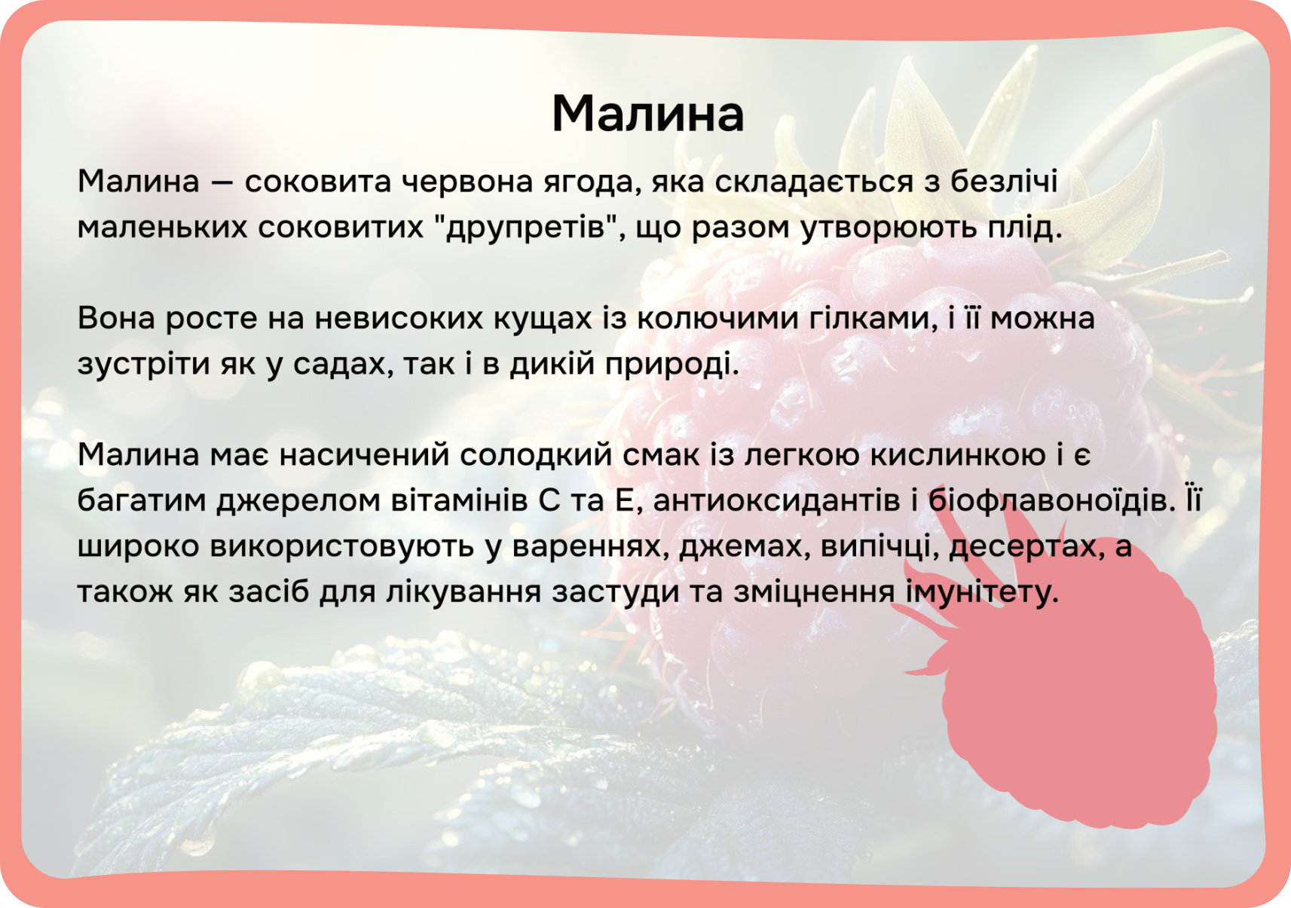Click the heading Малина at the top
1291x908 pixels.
[648, 114]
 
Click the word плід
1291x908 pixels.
[1024, 228]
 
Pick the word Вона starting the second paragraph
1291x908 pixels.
[116, 318]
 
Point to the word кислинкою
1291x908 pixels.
[957, 454]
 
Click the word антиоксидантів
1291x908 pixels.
[776, 500]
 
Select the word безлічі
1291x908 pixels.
[1004, 182]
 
